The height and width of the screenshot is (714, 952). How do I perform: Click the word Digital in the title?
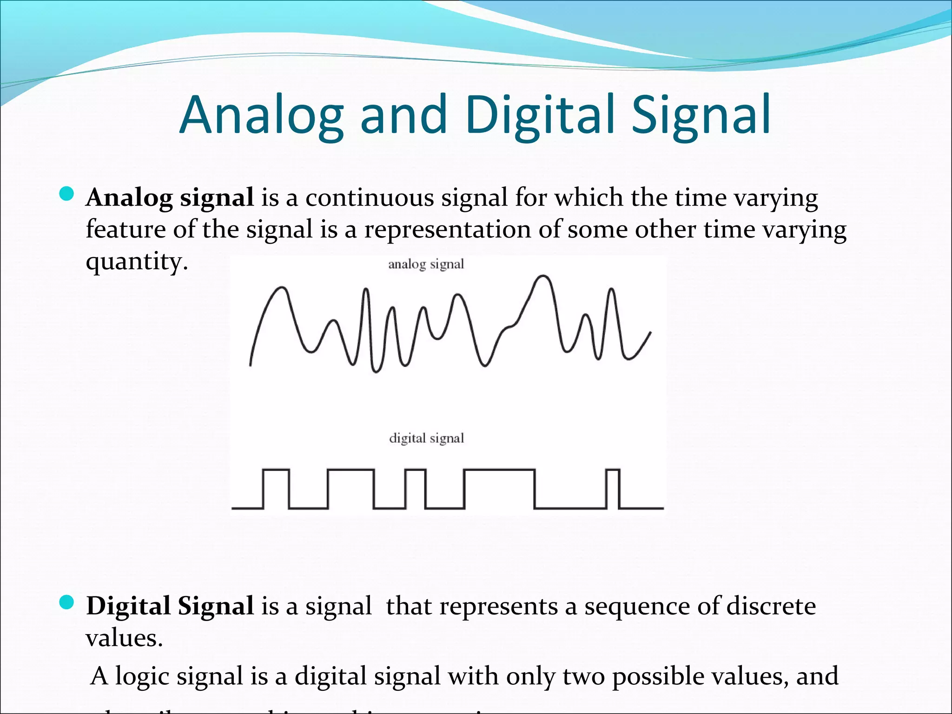point(541,115)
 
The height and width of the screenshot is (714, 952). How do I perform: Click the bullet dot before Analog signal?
point(67,194)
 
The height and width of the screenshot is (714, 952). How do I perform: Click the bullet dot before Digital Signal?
point(67,602)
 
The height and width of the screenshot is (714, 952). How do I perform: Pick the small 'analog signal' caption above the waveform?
point(426,264)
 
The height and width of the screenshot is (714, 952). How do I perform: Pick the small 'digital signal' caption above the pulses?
point(426,438)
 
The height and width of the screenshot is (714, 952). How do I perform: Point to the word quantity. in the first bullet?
point(137,261)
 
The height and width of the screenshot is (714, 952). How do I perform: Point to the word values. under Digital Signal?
point(124,638)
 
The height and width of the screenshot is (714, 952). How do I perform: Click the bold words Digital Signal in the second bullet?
point(170,606)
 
